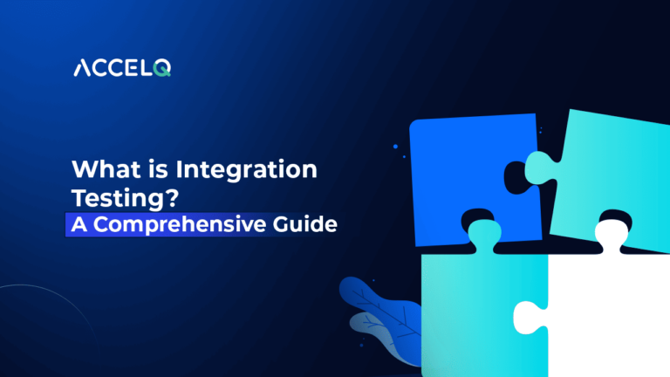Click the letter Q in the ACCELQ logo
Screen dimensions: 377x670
pyautogui.click(x=161, y=69)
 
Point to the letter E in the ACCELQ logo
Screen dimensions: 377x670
pyautogui.click(x=129, y=69)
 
